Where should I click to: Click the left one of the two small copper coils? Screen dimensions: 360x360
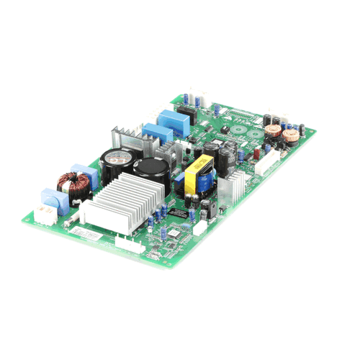point(273,130)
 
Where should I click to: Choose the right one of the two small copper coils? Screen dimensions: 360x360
point(290,135)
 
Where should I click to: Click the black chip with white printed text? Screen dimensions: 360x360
point(179,214)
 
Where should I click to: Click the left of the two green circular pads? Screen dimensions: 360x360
point(238,130)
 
